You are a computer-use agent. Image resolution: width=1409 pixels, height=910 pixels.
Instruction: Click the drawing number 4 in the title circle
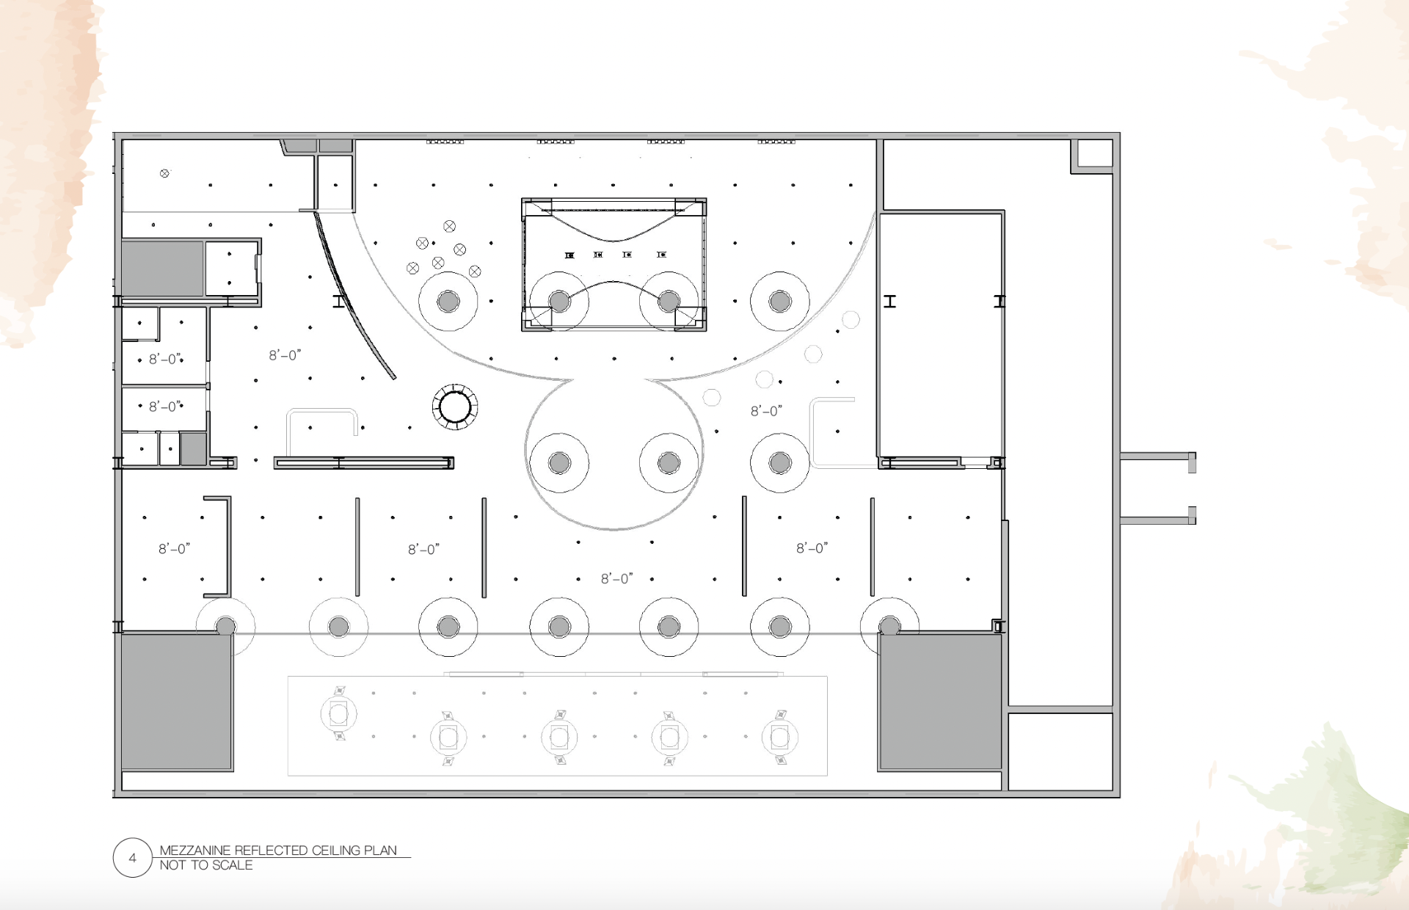(132, 858)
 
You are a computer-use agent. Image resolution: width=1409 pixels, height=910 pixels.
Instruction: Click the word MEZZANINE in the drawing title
(195, 851)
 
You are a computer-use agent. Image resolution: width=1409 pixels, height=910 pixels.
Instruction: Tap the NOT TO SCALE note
(206, 865)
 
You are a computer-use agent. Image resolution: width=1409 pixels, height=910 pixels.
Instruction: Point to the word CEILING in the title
(336, 851)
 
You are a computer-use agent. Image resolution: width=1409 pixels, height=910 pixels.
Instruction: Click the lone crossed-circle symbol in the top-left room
(164, 174)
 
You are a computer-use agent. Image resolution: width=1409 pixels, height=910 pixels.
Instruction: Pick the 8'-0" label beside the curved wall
(285, 355)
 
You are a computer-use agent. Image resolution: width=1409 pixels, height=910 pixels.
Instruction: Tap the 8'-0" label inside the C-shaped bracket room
(174, 548)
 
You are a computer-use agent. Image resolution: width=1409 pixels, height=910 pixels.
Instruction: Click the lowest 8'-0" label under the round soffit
(616, 578)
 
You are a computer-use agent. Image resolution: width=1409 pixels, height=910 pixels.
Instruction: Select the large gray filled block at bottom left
(176, 702)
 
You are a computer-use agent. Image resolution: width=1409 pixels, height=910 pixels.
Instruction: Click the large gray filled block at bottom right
(940, 702)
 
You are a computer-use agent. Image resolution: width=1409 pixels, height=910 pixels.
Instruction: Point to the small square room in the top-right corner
(1094, 154)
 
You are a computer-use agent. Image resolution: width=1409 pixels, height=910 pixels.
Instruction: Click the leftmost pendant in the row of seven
(226, 627)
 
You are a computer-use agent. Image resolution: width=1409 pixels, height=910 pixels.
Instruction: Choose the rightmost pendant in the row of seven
(889, 627)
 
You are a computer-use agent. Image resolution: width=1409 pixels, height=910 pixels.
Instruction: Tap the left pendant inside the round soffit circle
(559, 463)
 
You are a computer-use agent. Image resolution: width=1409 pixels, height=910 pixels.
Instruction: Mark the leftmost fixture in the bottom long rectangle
(339, 713)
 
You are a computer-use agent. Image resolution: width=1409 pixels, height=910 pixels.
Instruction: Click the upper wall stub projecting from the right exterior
(1157, 457)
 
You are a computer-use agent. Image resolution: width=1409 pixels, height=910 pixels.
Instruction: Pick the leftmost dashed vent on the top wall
(445, 142)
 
